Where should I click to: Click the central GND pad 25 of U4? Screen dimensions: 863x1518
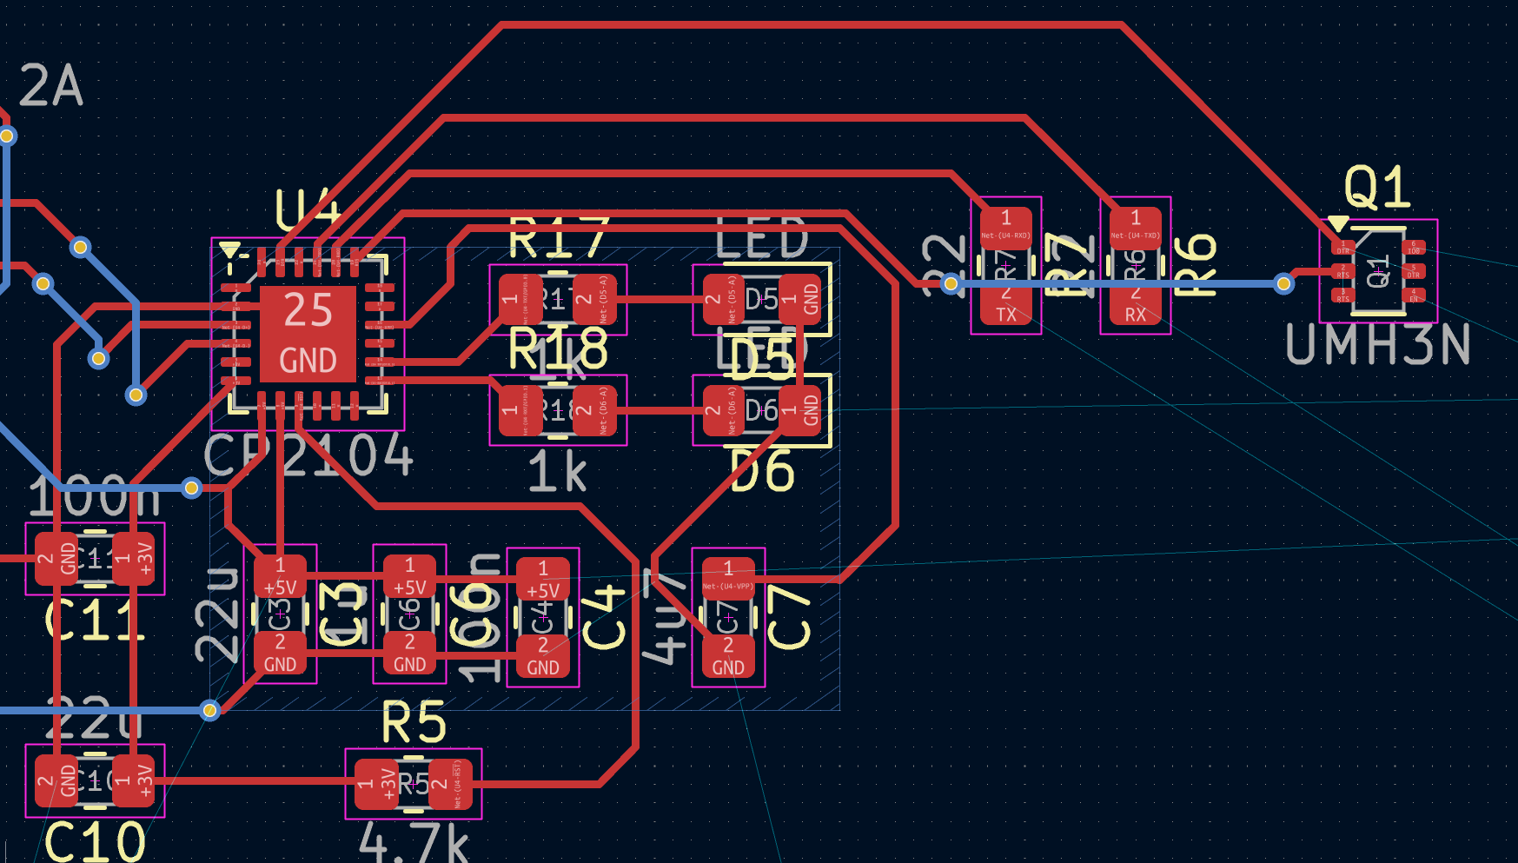pyautogui.click(x=308, y=334)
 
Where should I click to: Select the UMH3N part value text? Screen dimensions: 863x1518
pyautogui.click(x=1377, y=345)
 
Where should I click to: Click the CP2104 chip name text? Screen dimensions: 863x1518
pyautogui.click(x=308, y=455)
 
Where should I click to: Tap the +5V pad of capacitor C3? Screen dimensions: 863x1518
pyautogui.click(x=280, y=576)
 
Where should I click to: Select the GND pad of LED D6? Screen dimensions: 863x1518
pyautogui.click(x=799, y=410)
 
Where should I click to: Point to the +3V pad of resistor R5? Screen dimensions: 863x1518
pyautogui.click(x=376, y=784)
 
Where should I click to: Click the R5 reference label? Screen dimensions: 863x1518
pyautogui.click(x=414, y=723)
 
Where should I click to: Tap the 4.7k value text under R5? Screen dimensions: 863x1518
pyautogui.click(x=414, y=842)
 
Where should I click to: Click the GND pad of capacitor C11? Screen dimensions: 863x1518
pyautogui.click(x=56, y=558)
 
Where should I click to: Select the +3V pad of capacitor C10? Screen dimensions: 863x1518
pyautogui.click(x=133, y=780)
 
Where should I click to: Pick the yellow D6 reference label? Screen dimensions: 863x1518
pyautogui.click(x=762, y=473)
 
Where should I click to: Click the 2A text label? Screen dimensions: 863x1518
pyautogui.click(x=51, y=86)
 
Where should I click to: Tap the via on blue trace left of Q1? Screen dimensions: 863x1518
pyautogui.click(x=1283, y=283)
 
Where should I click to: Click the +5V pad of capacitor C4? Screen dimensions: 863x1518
pyautogui.click(x=542, y=580)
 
